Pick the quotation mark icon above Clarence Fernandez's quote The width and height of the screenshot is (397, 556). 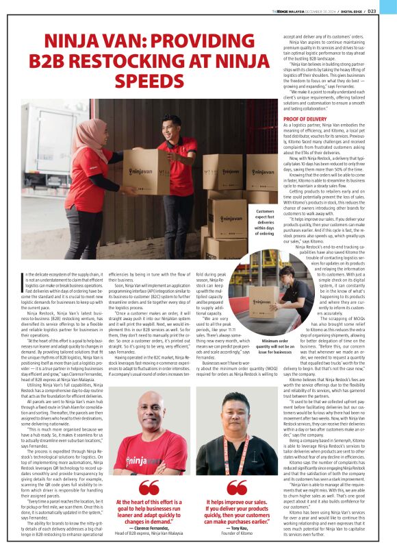pos(149,488)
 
